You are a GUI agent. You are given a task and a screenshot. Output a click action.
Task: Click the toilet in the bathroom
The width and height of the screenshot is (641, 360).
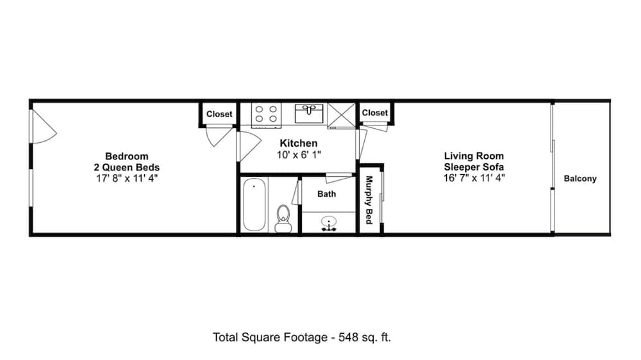(x=283, y=218)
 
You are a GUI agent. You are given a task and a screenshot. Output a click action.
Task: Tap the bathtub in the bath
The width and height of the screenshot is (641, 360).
(x=254, y=205)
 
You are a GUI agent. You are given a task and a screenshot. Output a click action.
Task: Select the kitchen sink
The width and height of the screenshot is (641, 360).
(x=309, y=113)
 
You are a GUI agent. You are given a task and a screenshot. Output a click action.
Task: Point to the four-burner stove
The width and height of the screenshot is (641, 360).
(x=266, y=115)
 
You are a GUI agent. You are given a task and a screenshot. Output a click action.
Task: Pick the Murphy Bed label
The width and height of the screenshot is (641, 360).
(x=369, y=200)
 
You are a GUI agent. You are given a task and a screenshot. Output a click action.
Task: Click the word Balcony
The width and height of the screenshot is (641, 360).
(x=580, y=179)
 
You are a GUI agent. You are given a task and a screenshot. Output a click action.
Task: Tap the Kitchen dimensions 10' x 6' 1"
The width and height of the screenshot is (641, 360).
(x=299, y=155)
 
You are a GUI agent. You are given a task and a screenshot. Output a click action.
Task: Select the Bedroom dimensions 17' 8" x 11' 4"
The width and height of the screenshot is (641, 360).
(x=127, y=178)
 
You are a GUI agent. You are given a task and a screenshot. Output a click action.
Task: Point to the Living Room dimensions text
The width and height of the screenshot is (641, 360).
(x=474, y=177)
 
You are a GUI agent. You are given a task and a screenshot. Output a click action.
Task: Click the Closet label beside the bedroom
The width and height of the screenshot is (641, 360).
(x=219, y=114)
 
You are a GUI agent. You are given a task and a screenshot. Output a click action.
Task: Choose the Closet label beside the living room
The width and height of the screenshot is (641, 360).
(x=375, y=112)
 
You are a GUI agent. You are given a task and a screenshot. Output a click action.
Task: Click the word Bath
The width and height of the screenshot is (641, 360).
(x=327, y=193)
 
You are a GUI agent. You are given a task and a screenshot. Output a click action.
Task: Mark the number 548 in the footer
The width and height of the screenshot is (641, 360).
(x=348, y=337)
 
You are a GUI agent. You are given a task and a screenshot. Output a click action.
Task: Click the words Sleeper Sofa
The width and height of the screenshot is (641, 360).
(x=474, y=167)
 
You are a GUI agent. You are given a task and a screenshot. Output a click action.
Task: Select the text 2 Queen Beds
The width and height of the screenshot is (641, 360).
(x=127, y=167)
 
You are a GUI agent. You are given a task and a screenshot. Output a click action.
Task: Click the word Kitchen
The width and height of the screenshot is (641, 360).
(x=299, y=143)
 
